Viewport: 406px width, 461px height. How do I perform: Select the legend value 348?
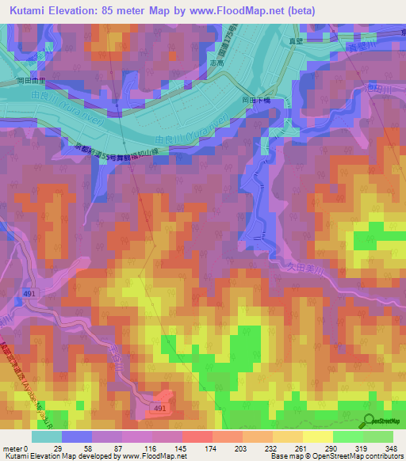click(x=390, y=448)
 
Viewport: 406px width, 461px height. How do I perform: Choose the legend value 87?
click(x=120, y=448)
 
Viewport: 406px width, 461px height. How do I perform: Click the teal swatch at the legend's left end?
click(x=47, y=436)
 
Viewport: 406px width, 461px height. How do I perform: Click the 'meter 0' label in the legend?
click(x=16, y=448)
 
